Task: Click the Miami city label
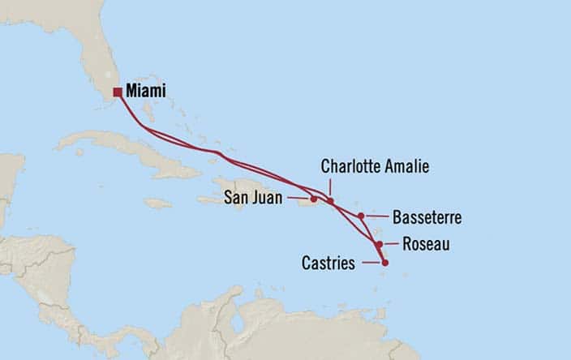[x=146, y=92]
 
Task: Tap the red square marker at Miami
[x=118, y=92]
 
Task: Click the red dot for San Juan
[x=313, y=199]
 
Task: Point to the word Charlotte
[x=350, y=166]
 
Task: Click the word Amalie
[x=406, y=166]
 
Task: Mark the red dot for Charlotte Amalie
[x=330, y=201]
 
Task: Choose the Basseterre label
[x=427, y=217]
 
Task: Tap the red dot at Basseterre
[x=361, y=216]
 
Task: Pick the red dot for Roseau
[x=379, y=243]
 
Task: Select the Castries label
[x=328, y=263]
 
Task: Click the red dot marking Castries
[x=384, y=262]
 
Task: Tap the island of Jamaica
[x=157, y=203]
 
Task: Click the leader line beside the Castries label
[x=371, y=262]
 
